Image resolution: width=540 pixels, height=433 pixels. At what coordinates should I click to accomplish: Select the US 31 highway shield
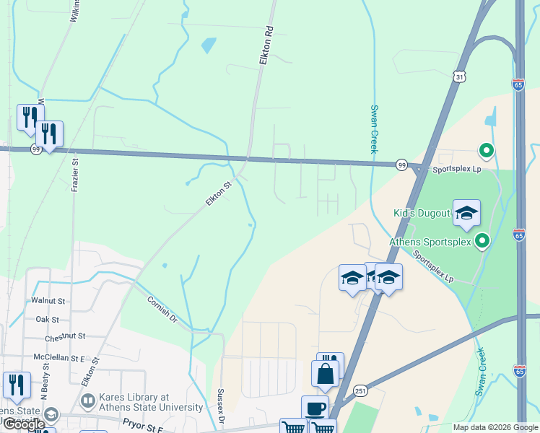click(460, 75)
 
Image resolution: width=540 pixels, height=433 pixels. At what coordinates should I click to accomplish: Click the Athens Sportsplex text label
click(430, 242)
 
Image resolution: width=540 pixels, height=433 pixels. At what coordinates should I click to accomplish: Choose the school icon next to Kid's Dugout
click(466, 213)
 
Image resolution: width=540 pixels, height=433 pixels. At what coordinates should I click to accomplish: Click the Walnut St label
click(48, 300)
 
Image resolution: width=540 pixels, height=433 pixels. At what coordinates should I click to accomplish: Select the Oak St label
click(47, 318)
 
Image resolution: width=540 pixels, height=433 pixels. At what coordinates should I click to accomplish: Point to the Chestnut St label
click(65, 336)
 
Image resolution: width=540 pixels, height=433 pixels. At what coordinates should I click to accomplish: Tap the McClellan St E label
click(59, 357)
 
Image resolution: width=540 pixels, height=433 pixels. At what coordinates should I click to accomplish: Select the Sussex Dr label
click(221, 406)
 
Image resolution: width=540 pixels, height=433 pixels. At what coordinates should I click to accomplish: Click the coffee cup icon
click(315, 408)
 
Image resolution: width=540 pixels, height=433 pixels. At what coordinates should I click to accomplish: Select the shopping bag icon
click(325, 373)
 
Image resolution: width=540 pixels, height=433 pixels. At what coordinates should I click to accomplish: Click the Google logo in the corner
click(24, 424)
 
